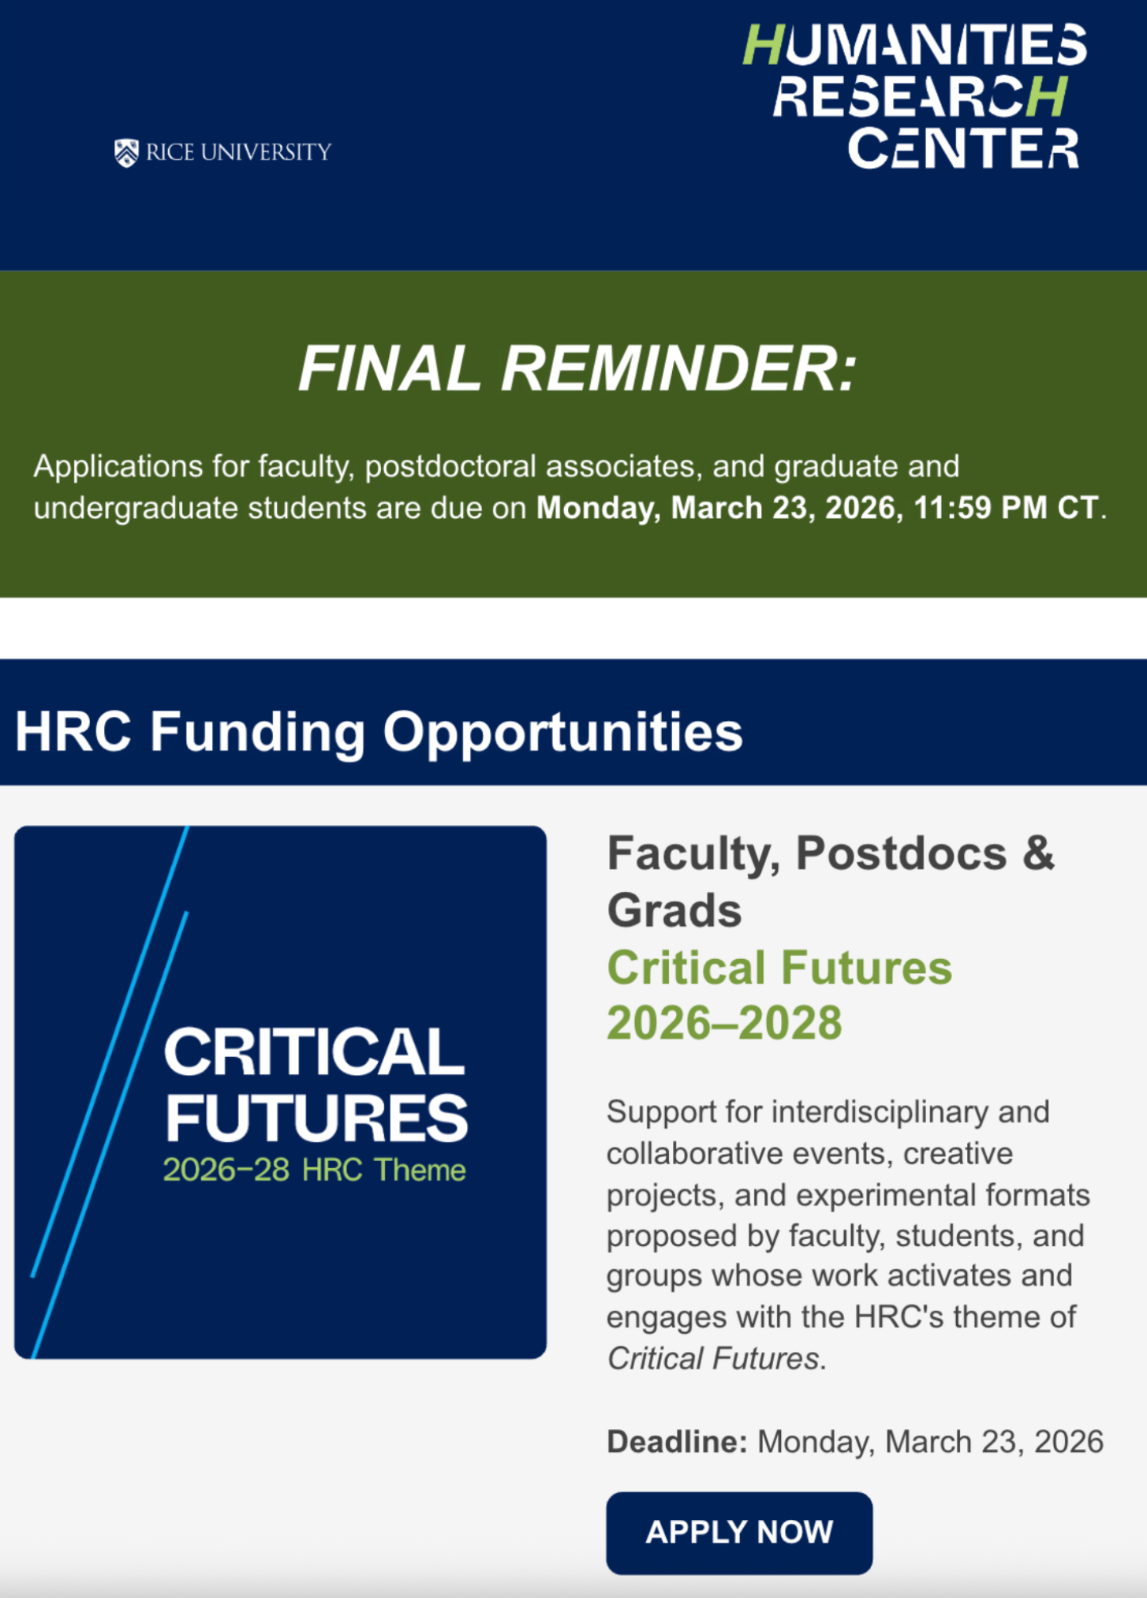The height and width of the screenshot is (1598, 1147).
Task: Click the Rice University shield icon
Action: [x=126, y=153]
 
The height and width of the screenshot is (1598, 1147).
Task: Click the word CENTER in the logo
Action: [x=963, y=147]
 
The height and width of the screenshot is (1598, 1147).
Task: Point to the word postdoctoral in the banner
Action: [x=450, y=466]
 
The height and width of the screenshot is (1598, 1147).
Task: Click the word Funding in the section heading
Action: [x=257, y=732]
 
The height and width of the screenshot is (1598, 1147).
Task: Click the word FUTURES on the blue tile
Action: [x=316, y=1118]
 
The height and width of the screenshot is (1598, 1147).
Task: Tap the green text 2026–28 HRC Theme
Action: [x=314, y=1170]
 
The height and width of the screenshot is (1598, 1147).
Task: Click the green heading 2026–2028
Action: [x=724, y=1023]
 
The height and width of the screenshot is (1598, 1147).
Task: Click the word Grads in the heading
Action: [x=674, y=910]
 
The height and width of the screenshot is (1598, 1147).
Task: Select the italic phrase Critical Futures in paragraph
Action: [x=713, y=1358]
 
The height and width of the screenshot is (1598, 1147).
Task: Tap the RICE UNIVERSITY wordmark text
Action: [x=239, y=152]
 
